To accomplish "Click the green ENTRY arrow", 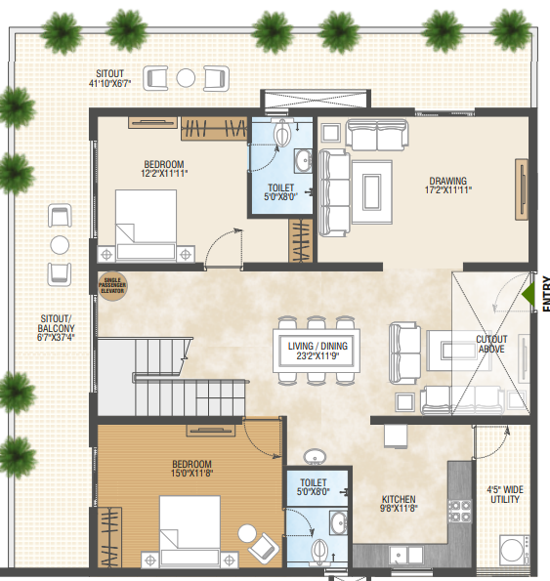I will tap(529, 291).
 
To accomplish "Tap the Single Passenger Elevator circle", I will tap(110, 284).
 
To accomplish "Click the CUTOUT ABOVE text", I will tap(491, 345).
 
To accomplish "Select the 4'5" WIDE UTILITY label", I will tap(504, 494).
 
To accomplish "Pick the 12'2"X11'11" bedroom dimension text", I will tap(164, 173).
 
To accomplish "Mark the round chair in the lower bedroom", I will tap(246, 533).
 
